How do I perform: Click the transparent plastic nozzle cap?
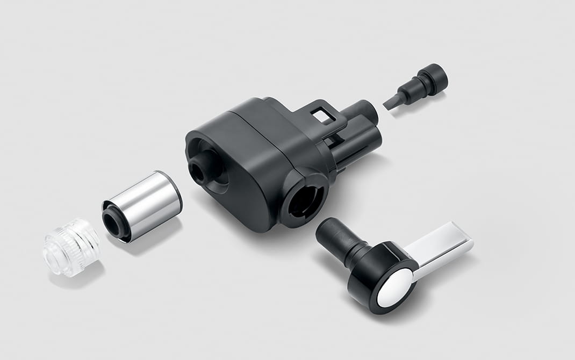click(x=71, y=247)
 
